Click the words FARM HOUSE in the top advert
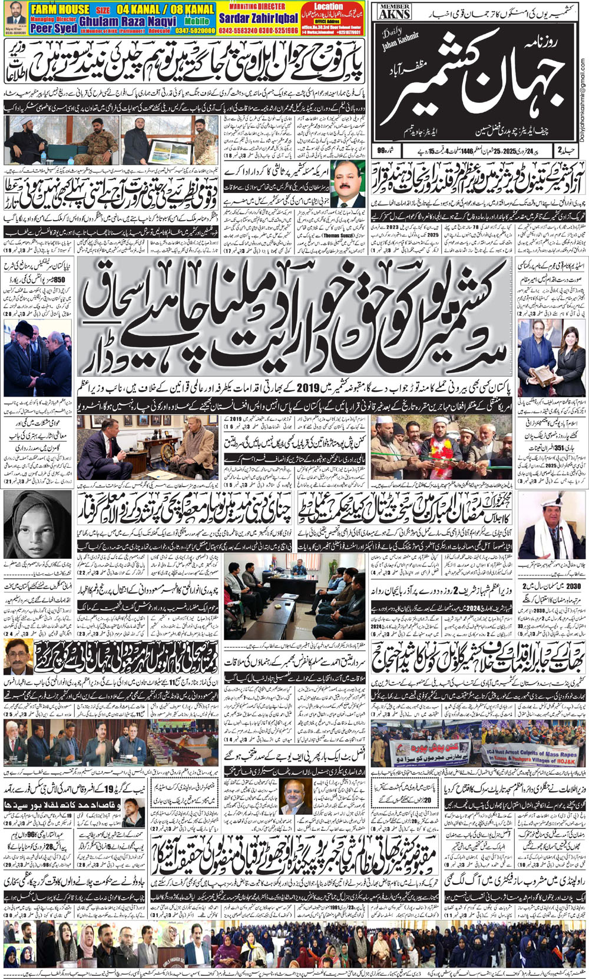[60, 9]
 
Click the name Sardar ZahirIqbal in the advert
[259, 19]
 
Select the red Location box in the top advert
[329, 6]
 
